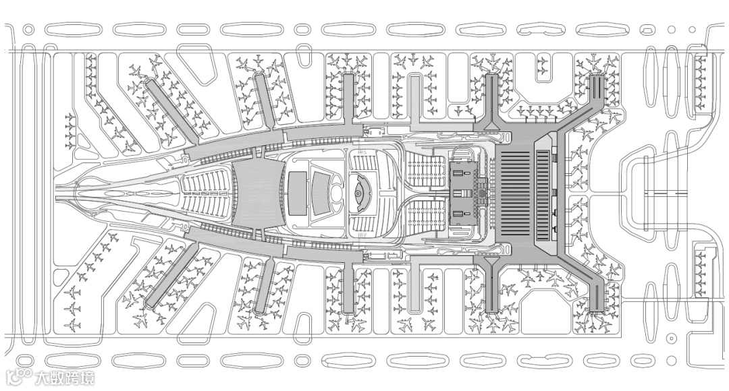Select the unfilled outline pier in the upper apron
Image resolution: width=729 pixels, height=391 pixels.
click(416, 94)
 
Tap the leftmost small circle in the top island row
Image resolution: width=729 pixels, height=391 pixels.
click(28, 30)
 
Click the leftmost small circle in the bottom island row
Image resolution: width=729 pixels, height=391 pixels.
click(27, 359)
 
